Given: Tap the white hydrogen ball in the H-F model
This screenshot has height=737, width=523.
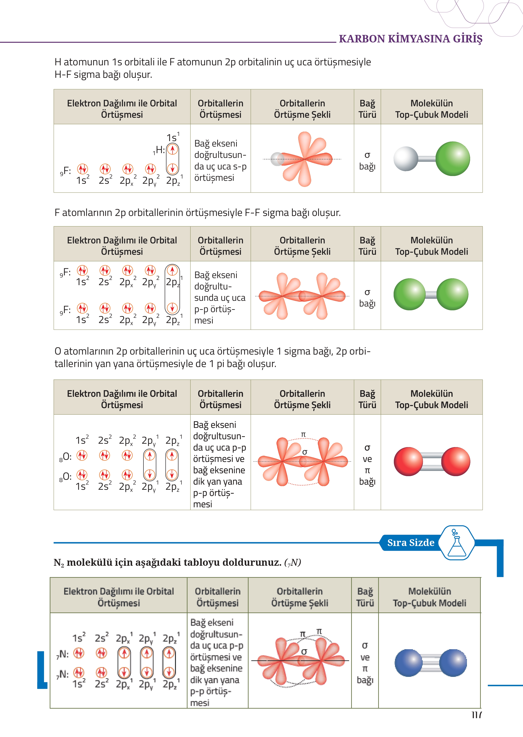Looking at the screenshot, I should [405, 159].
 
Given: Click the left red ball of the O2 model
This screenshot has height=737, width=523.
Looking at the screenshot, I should [408, 461].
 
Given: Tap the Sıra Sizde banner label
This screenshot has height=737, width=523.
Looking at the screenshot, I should [411, 543].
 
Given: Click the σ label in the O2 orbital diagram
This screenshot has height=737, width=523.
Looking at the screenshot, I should [305, 452].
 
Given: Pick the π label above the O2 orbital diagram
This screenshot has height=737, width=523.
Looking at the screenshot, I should [303, 434].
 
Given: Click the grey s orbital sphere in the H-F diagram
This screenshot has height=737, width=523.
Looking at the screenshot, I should [277, 159].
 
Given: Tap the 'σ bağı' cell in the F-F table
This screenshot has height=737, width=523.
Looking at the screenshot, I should [367, 298].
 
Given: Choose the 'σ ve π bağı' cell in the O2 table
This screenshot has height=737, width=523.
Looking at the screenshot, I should [367, 464].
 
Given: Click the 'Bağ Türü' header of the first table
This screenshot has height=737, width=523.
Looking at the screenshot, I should [367, 109].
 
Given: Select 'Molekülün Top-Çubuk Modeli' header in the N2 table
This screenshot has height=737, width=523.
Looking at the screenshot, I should [429, 597].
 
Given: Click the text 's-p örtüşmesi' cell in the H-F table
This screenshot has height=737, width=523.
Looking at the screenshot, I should [220, 160].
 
